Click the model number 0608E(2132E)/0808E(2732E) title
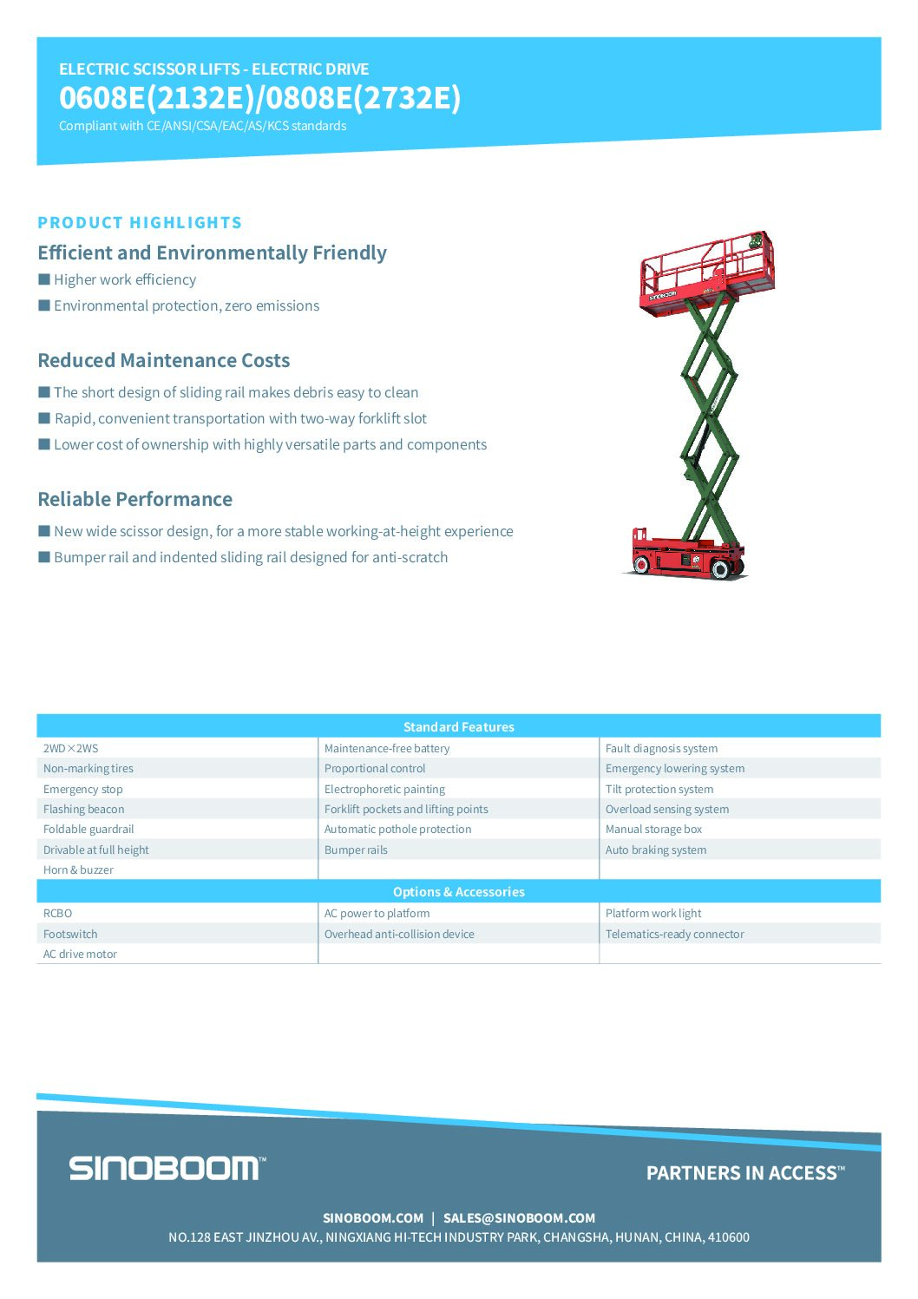click(x=259, y=98)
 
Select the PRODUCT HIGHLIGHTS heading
click(x=140, y=223)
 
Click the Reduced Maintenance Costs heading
click(x=163, y=360)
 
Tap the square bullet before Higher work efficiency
click(x=44, y=279)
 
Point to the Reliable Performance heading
click(x=134, y=499)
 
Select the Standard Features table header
click(x=458, y=726)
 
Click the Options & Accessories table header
click(x=458, y=891)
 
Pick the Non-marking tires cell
click(x=89, y=769)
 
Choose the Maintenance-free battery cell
click(x=387, y=748)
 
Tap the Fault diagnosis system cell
click(x=661, y=748)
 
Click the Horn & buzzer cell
click(x=78, y=869)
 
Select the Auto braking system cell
click(x=656, y=850)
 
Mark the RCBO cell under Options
click(x=58, y=913)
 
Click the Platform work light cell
click(x=653, y=913)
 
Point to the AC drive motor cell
click(x=80, y=954)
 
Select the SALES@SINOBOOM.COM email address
click(x=519, y=1217)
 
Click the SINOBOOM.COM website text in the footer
click(x=373, y=1217)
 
